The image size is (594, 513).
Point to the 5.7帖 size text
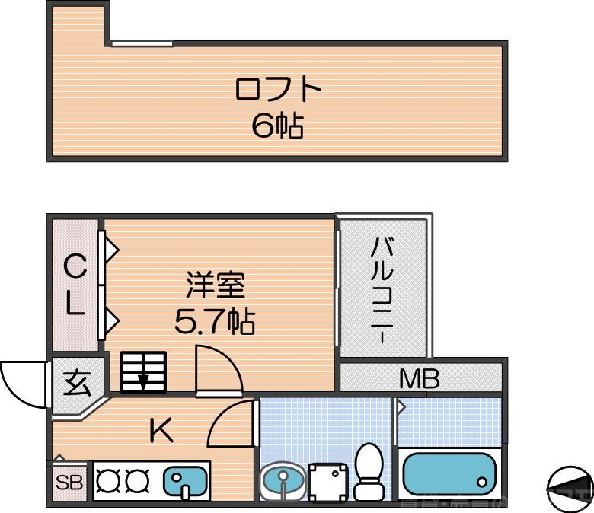(215, 323)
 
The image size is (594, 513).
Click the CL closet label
(74, 285)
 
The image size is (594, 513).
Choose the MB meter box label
(420, 378)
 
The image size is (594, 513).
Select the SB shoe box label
(69, 483)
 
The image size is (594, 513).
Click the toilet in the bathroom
(369, 471)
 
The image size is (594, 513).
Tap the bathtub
(449, 474)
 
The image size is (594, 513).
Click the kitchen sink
(186, 482)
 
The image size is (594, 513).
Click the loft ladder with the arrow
(143, 371)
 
